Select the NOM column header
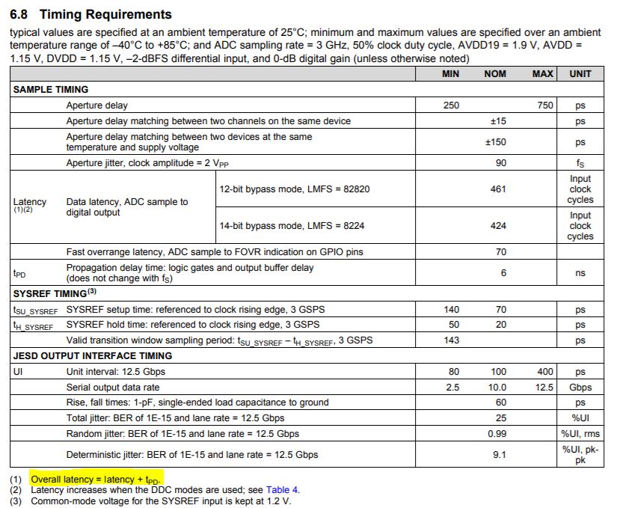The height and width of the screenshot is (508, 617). click(x=495, y=73)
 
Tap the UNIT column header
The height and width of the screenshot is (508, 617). click(x=580, y=73)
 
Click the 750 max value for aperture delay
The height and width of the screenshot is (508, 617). click(x=545, y=105)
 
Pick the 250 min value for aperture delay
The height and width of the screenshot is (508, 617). click(x=451, y=105)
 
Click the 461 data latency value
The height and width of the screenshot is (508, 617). click(x=498, y=189)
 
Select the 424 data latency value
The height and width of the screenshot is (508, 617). click(x=498, y=225)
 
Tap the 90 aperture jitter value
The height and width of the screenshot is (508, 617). click(x=500, y=163)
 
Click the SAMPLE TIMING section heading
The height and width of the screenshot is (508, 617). click(x=51, y=89)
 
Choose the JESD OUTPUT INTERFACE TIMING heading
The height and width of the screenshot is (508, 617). click(x=93, y=356)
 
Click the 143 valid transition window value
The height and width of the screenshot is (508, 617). click(x=451, y=340)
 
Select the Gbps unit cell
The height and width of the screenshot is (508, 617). click(x=580, y=388)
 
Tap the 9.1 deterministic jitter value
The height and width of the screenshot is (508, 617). click(x=500, y=454)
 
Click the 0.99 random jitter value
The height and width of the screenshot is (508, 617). click(x=497, y=434)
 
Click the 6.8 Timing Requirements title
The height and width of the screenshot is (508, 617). click(x=90, y=14)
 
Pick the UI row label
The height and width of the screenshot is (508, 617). click(x=18, y=372)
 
